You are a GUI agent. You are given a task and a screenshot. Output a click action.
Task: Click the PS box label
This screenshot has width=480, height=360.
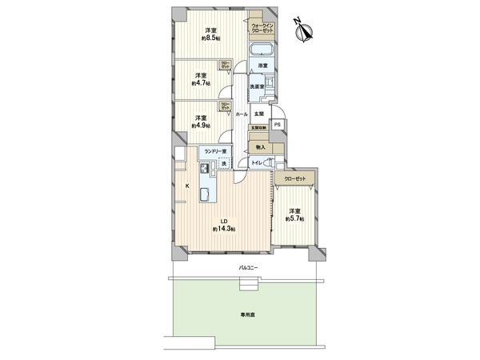pos(278,125)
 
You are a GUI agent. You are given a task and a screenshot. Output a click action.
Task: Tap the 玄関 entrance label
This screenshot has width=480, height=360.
pos(260,114)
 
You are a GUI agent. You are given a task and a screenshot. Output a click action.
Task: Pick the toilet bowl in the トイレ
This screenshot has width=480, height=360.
pos(270,164)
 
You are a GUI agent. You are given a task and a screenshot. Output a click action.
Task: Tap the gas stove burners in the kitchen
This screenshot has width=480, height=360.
pos(206,169)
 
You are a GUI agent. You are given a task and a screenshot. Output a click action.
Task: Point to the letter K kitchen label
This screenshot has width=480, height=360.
pos(187,186)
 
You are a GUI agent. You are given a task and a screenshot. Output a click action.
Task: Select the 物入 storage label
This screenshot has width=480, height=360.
pos(261,148)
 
